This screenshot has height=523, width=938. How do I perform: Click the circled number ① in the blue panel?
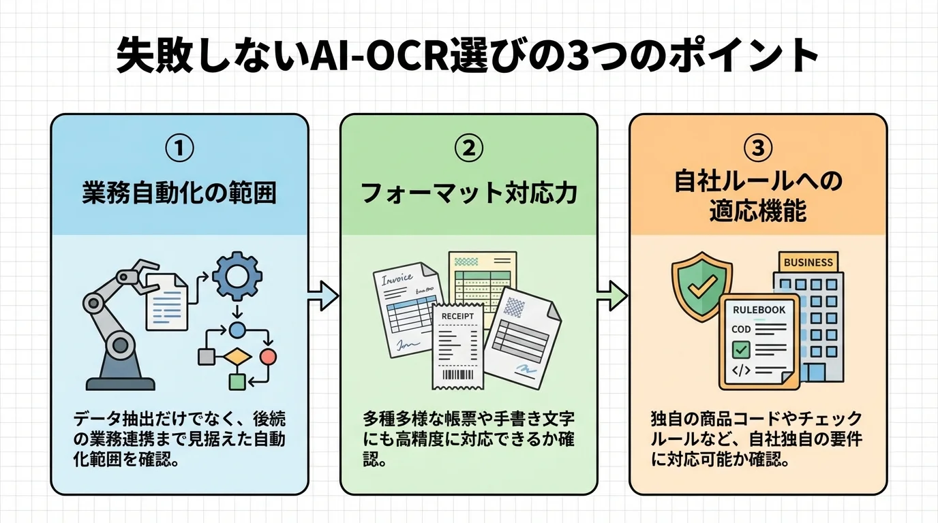pyautogui.click(x=179, y=148)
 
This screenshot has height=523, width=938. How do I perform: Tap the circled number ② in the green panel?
pyautogui.click(x=468, y=148)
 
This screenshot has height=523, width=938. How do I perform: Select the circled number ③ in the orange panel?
pyautogui.click(x=757, y=148)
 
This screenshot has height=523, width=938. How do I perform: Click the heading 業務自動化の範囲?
pyautogui.click(x=179, y=193)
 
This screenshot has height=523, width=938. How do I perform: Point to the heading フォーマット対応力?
pyautogui.click(x=468, y=193)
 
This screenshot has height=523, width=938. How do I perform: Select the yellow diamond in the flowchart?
pyautogui.click(x=237, y=356)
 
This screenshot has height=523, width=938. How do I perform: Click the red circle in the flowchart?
pyautogui.click(x=269, y=356)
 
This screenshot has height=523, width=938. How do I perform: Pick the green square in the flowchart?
pyautogui.click(x=237, y=381)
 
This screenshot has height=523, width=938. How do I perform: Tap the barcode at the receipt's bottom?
pyautogui.click(x=457, y=375)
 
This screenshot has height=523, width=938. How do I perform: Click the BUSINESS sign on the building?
pyautogui.click(x=808, y=262)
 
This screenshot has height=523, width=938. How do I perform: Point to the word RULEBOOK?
pyautogui.click(x=759, y=310)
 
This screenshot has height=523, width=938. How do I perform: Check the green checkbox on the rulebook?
pyautogui.click(x=740, y=350)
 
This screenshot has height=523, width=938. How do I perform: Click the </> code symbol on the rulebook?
pyautogui.click(x=740, y=370)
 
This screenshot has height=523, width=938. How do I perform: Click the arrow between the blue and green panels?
pyautogui.click(x=323, y=295)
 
